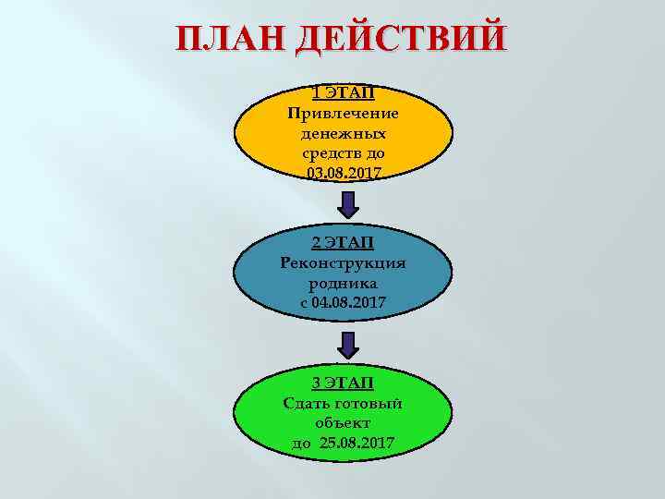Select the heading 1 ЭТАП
pos(343,92)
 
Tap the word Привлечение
pos(343,113)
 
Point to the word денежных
pos(343,133)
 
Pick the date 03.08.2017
pos(343,174)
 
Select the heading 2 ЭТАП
pos(343,242)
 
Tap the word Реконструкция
pos(343,262)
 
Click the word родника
pos(343,283)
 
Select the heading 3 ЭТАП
pos(343,383)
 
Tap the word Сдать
pos(307,403)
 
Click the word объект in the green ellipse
pos(343,423)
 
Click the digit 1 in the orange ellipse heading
pos(315,92)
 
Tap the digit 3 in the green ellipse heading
pos(315,383)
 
